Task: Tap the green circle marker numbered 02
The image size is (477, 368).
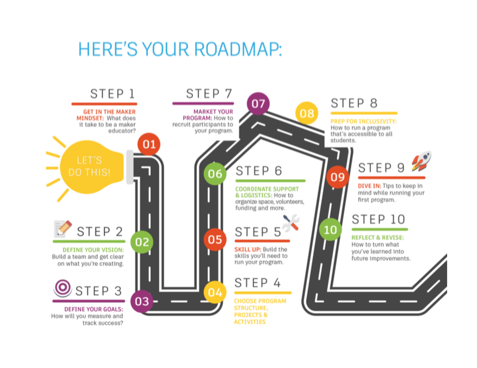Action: coord(141,242)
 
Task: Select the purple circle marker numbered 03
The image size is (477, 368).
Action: coord(141,300)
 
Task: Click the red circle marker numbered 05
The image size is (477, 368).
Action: coord(215,240)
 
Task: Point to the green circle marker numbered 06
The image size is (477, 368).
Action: coord(215,174)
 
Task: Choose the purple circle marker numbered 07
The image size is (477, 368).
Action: coord(258,104)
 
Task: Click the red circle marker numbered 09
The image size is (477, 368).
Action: coord(338,176)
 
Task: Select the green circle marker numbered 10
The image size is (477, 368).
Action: coord(330,229)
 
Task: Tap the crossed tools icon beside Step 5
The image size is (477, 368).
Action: coord(291,223)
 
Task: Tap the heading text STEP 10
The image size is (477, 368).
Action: coord(379,219)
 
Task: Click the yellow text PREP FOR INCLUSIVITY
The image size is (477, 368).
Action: coord(363,121)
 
